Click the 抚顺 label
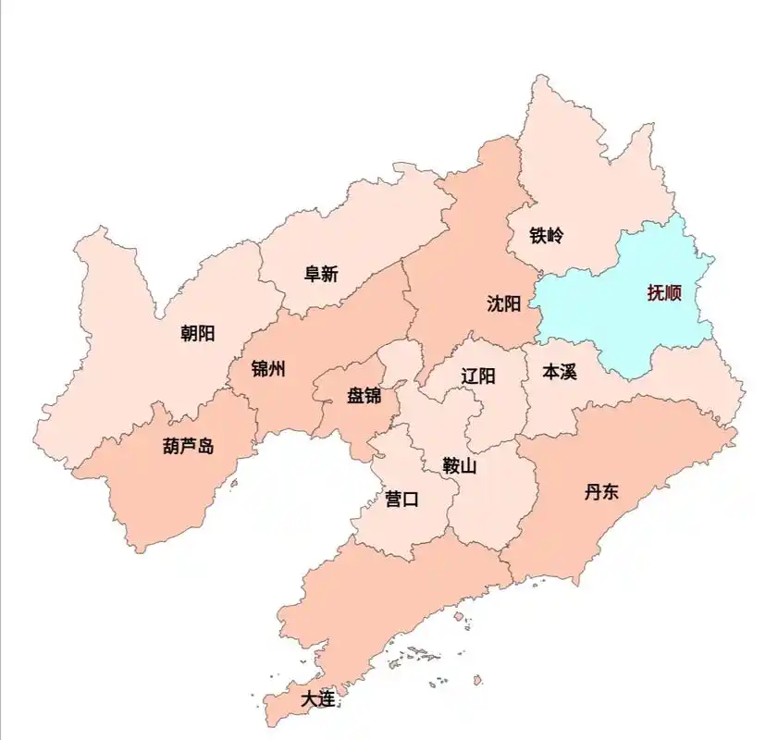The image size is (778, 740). click(664, 294)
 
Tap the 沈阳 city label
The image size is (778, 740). click(504, 303)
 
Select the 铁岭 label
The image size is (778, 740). click(546, 235)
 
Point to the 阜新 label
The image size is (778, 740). click(321, 274)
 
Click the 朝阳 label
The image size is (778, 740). click(197, 333)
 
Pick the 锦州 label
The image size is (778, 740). click(268, 369)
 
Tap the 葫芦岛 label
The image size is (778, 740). click(188, 446)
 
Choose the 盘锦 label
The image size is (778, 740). click(364, 396)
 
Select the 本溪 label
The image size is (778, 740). click(559, 372)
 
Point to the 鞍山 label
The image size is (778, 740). click(460, 466)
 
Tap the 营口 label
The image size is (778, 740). click(401, 499)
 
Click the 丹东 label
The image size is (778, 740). click(601, 491)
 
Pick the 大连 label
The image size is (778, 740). click(317, 699)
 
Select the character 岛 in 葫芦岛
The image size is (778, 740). click(205, 446)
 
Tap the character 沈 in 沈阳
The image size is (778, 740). click(495, 303)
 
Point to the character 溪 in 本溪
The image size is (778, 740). click(568, 372)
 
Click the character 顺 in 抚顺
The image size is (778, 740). click(673, 294)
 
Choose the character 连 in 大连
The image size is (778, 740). click(327, 699)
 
